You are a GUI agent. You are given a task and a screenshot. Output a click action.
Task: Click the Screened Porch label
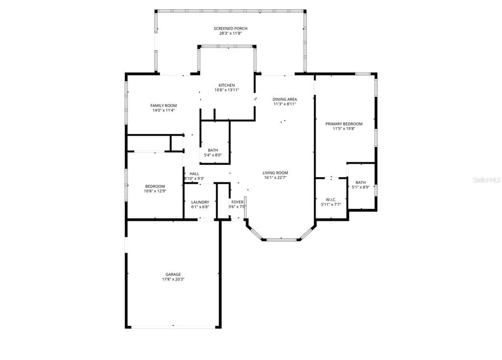point(230,28)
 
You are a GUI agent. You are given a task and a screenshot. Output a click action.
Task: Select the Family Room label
point(163,105)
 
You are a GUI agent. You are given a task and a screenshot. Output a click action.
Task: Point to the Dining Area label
point(285,99)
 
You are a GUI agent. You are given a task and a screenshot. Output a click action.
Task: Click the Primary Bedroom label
point(344,124)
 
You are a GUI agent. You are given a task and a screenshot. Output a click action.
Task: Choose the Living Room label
point(275,173)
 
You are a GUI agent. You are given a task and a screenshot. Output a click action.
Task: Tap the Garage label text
point(173,275)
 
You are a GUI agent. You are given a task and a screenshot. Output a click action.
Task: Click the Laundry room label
point(200,202)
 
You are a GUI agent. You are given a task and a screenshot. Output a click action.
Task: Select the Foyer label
point(238,202)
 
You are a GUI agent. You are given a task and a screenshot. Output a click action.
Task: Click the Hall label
point(194,174)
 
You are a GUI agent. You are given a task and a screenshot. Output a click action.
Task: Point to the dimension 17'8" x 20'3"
point(173,280)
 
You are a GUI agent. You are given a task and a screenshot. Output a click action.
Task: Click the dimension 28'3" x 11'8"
point(230,33)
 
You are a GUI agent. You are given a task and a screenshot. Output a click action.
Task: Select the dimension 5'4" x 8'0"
point(213,155)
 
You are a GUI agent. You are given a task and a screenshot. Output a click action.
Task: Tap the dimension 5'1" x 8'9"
point(361,187)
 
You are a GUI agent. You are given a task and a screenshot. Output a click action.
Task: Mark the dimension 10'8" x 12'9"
point(155,191)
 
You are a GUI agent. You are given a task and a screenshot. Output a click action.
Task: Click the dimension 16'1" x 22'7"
point(275,178)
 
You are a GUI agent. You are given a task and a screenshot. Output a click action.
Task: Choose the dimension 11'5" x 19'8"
point(344,129)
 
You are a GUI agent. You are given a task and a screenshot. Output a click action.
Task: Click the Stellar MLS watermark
point(486,180)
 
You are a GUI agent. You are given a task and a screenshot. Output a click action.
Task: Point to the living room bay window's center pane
point(281,239)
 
